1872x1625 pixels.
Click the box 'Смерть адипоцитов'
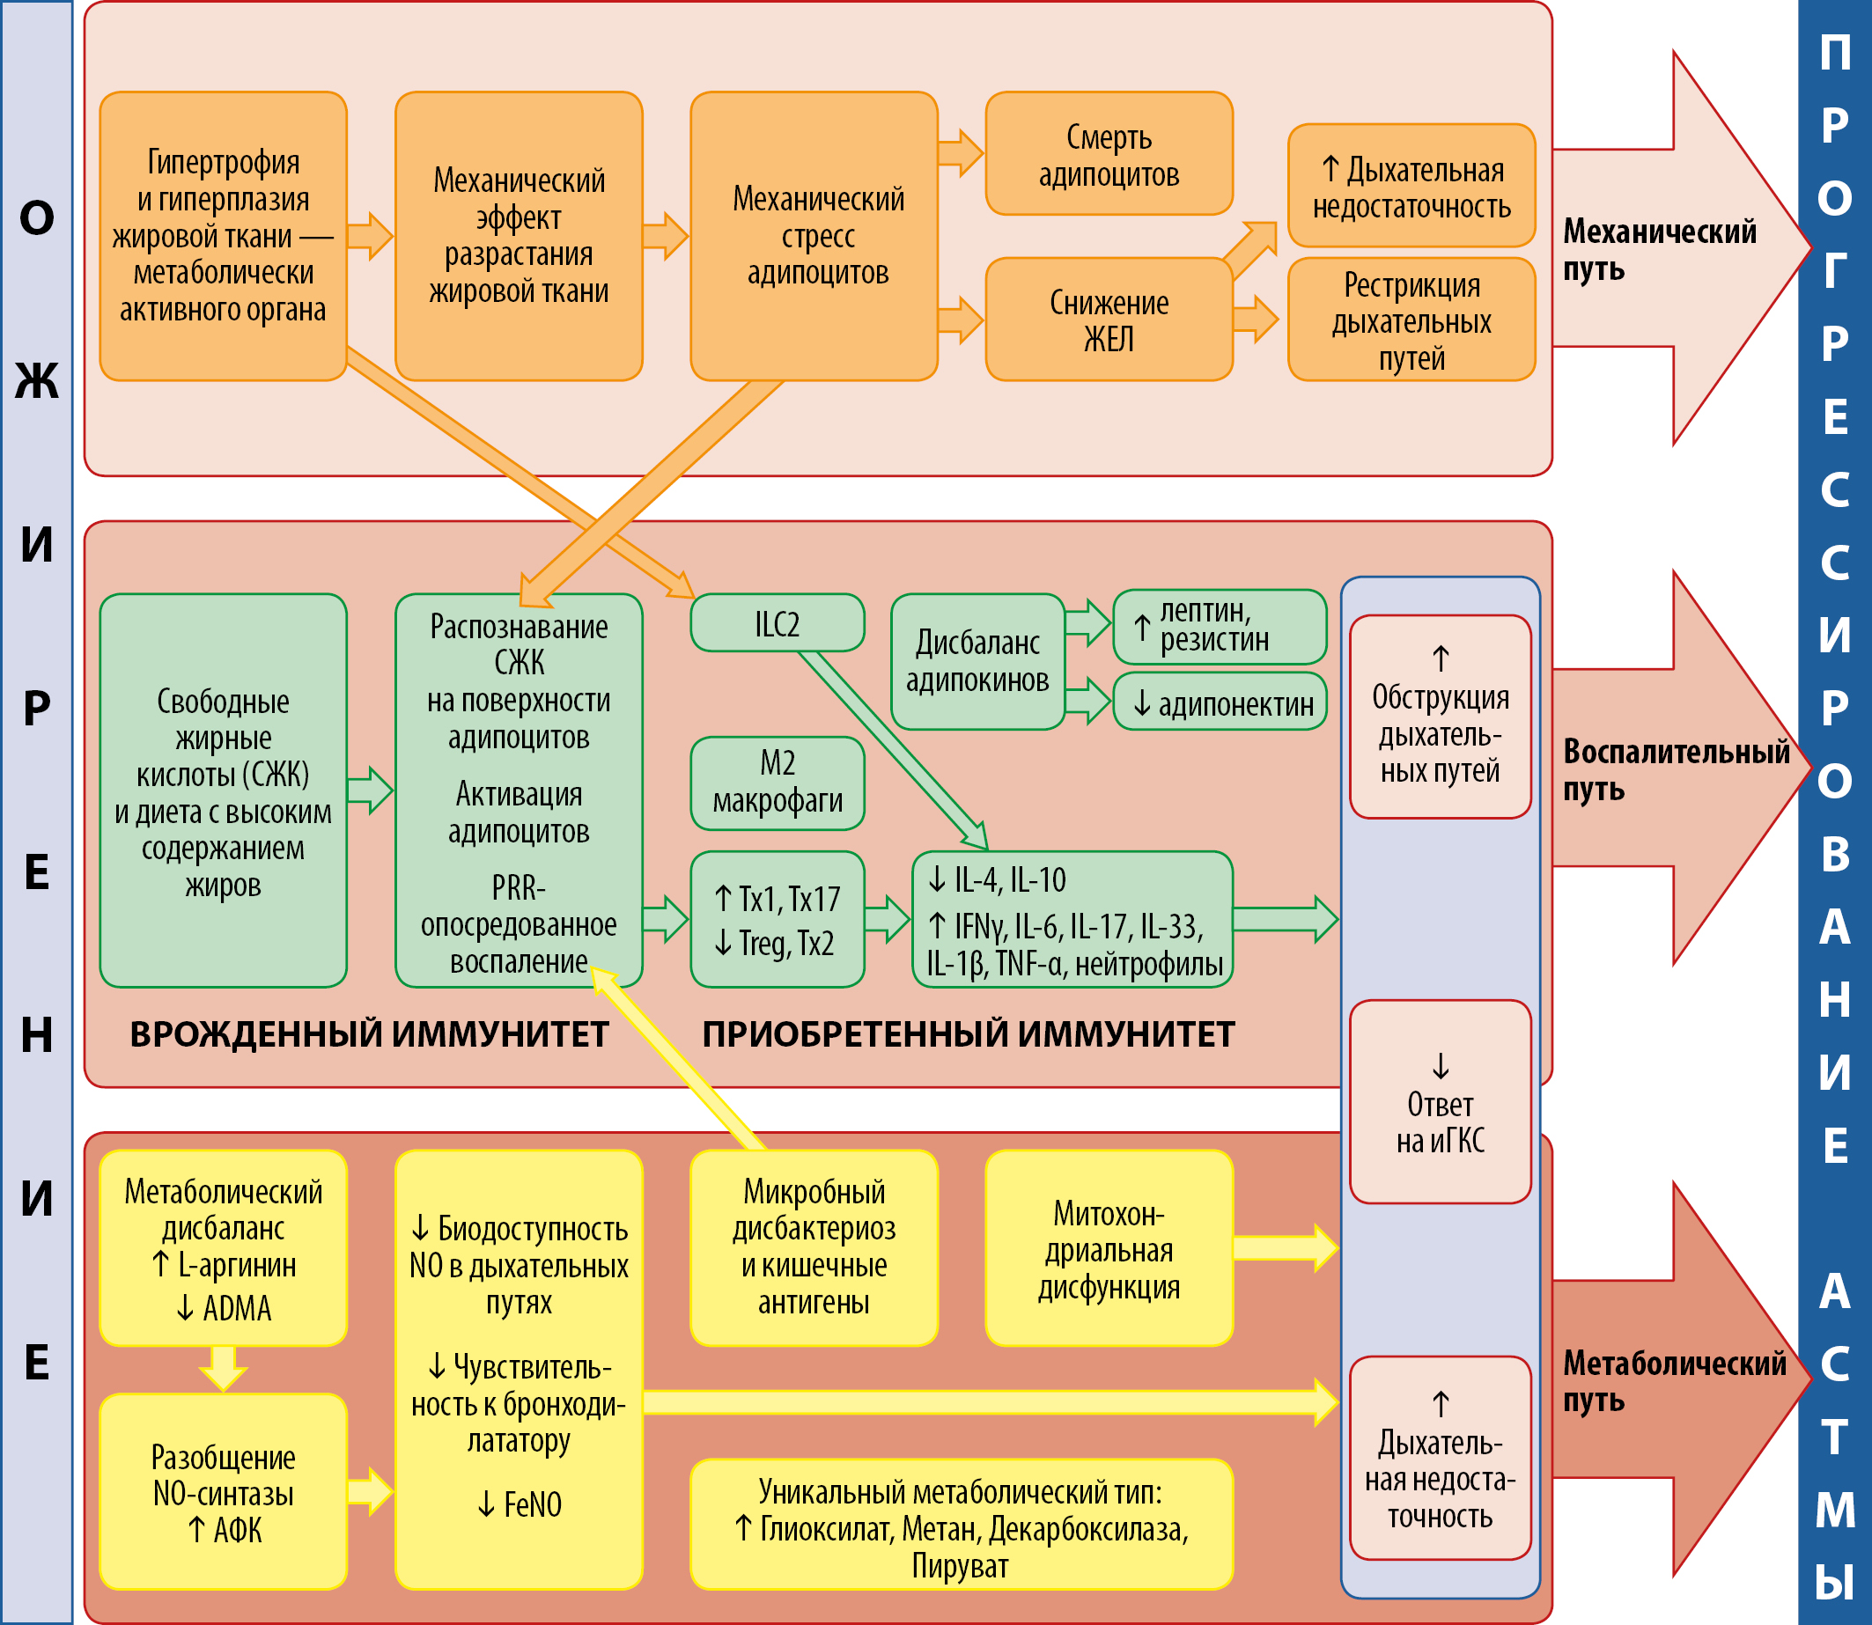tap(1109, 154)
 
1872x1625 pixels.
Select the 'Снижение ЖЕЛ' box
tap(1109, 320)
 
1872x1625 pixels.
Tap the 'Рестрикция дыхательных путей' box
tap(1411, 320)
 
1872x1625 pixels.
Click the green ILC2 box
tap(778, 624)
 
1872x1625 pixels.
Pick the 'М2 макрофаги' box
tap(778, 783)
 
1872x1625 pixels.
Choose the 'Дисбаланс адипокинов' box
tap(977, 661)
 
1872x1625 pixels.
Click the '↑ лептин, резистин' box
tap(1219, 627)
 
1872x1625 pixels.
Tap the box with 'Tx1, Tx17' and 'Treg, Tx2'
tap(778, 920)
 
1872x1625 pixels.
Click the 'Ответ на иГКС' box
tap(1441, 1103)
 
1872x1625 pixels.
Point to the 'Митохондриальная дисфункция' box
tap(1109, 1248)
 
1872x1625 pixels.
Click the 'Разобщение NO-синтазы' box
tap(223, 1493)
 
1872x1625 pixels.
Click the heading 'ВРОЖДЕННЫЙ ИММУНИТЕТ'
tap(369, 1034)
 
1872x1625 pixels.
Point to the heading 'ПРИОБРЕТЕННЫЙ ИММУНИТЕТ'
tap(968, 1034)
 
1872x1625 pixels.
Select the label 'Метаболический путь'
tap(1672, 1381)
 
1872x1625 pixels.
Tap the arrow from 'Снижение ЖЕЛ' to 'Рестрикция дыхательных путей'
tap(1257, 320)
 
